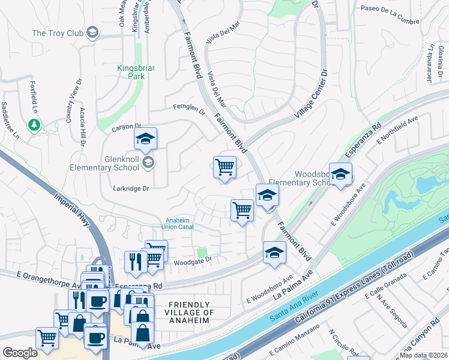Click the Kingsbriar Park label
136,73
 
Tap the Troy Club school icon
92,32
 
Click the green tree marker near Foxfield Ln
34,125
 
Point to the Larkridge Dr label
130,188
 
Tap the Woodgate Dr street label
193,260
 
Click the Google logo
19,353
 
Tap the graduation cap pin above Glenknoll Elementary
145,139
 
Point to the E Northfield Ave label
397,131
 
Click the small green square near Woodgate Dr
202,252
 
